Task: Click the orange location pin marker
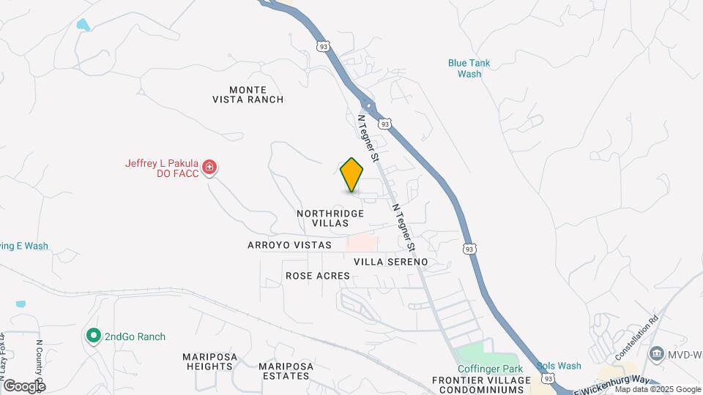point(352,174)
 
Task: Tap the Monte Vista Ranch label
point(248,94)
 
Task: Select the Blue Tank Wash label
point(469,68)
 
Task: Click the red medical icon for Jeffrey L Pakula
point(209,168)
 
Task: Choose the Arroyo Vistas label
point(289,245)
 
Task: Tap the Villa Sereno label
point(390,261)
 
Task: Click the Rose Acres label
point(318,276)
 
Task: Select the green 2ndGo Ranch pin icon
point(93,336)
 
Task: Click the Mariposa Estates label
point(286,371)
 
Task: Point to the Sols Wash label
point(559,366)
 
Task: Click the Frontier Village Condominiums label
point(481,385)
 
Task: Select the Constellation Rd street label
point(639,337)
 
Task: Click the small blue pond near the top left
point(83,26)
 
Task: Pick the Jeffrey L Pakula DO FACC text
point(161,168)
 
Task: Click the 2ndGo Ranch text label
point(135,336)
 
